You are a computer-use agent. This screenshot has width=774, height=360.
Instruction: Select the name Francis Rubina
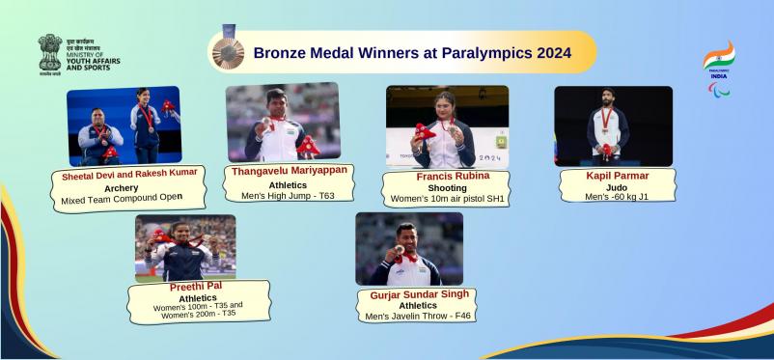pyautogui.click(x=446, y=177)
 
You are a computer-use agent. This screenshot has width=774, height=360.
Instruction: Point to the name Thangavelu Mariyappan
pyautogui.click(x=290, y=171)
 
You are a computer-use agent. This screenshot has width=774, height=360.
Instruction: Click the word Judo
pyautogui.click(x=616, y=188)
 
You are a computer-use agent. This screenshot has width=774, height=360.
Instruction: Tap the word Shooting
pyautogui.click(x=447, y=188)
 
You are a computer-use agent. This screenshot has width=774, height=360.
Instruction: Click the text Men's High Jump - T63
pyautogui.click(x=290, y=196)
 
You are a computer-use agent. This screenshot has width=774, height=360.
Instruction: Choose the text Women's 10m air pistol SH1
pyautogui.click(x=447, y=199)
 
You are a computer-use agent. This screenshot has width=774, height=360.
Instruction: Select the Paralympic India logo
pyautogui.click(x=718, y=68)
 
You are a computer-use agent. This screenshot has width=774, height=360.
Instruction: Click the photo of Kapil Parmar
pyautogui.click(x=613, y=125)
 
